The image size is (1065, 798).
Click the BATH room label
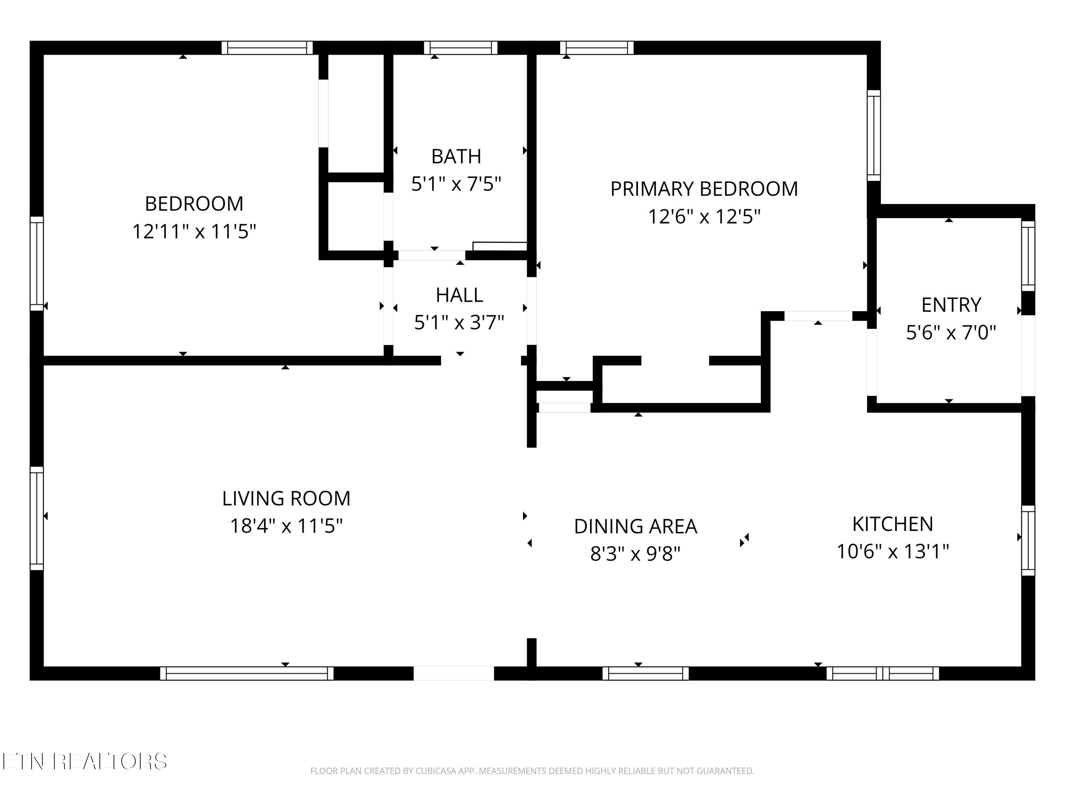pyautogui.click(x=456, y=156)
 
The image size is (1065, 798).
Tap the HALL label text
pyautogui.click(x=459, y=295)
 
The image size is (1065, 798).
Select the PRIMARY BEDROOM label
pyautogui.click(x=704, y=189)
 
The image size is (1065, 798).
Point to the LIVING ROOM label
pyautogui.click(x=286, y=498)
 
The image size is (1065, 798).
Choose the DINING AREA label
pyautogui.click(x=635, y=526)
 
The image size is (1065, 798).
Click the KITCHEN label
pyautogui.click(x=892, y=524)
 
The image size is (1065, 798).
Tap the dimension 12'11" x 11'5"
pyautogui.click(x=194, y=231)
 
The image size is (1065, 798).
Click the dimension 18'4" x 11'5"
pyautogui.click(x=286, y=526)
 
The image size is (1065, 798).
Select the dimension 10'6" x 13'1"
pyautogui.click(x=892, y=551)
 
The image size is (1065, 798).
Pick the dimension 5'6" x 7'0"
pyautogui.click(x=951, y=332)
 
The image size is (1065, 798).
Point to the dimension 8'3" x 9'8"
pyautogui.click(x=635, y=554)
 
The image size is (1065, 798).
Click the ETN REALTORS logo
pyautogui.click(x=85, y=761)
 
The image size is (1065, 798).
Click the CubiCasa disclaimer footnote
pyautogui.click(x=532, y=771)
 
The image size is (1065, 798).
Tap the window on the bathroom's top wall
pyautogui.click(x=460, y=48)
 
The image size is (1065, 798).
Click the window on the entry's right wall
pyautogui.click(x=1028, y=256)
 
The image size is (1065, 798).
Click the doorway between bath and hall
pyautogui.click(x=431, y=255)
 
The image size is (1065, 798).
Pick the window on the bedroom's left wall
pyautogui.click(x=37, y=264)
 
